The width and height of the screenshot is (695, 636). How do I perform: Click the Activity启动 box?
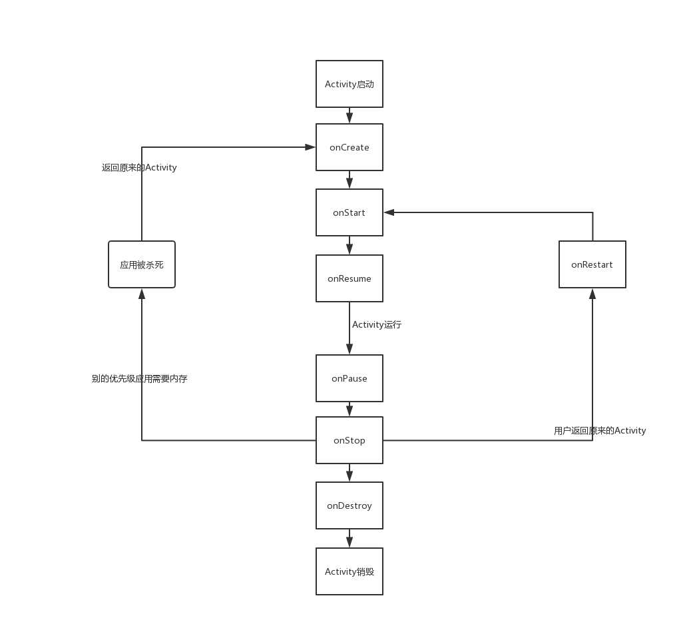349,84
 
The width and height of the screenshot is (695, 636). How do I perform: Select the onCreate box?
349,147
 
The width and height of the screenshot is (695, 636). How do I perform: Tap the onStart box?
349,212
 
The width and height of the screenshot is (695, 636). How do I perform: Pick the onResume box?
349,278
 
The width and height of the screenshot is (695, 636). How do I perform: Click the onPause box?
349,378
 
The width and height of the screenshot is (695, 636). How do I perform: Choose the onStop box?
349,440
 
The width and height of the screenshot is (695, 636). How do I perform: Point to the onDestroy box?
349,505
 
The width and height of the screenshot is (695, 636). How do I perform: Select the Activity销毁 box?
349,571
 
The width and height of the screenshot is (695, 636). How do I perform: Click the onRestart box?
592,264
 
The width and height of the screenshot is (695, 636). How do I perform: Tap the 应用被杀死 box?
142,264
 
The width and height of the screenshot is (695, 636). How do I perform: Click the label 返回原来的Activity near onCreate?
139,168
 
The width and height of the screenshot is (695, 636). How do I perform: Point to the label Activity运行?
377,325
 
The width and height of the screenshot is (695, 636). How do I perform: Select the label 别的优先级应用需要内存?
140,378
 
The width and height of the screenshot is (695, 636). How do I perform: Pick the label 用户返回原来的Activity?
600,431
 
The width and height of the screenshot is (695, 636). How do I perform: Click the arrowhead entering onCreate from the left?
310,147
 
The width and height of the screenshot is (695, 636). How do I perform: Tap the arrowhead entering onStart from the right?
389,212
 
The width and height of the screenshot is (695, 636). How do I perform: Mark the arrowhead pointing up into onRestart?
592,294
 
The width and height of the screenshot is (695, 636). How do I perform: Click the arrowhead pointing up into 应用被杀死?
142,294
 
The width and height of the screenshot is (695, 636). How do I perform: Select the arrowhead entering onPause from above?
349,350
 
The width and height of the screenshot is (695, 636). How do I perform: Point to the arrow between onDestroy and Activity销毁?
349,539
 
